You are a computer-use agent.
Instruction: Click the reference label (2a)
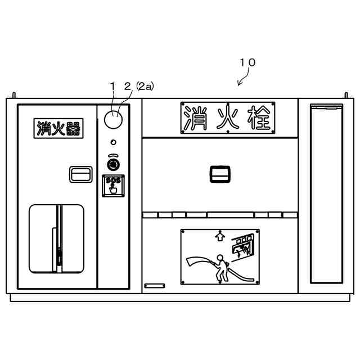145,85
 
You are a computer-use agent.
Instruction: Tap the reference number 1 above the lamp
112,85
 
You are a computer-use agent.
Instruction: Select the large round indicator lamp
114,119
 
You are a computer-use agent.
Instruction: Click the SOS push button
113,186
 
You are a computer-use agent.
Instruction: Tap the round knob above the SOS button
114,164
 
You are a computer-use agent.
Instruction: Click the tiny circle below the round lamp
114,142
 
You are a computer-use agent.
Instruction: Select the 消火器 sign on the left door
58,129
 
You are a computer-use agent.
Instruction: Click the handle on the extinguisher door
81,174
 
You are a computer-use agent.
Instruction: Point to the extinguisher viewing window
56,238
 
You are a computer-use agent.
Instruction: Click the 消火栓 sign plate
227,118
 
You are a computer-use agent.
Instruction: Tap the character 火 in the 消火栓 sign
228,118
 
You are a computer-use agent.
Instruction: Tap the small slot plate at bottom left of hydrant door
154,286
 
